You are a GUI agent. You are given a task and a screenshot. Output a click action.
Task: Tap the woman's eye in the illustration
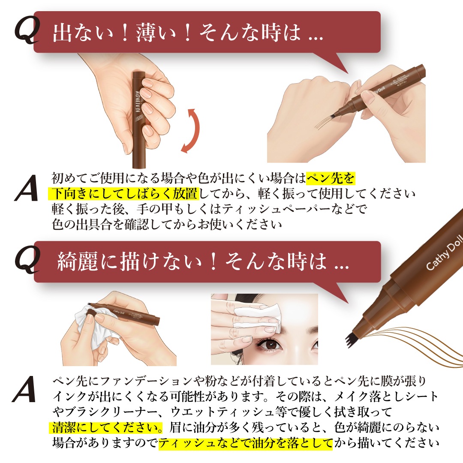(x=270, y=344)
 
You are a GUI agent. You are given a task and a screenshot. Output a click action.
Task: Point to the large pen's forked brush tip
(x=352, y=340)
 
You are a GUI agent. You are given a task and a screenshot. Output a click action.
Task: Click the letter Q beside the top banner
(x=27, y=30)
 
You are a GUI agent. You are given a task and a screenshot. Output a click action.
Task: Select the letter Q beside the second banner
(x=27, y=259)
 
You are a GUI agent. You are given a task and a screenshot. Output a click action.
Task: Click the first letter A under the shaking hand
(x=27, y=188)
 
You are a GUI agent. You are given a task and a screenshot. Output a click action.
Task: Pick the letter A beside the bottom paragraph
(x=24, y=389)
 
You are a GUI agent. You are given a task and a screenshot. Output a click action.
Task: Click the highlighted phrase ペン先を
(x=331, y=178)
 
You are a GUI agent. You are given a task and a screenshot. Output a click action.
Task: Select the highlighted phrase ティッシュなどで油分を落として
(x=246, y=443)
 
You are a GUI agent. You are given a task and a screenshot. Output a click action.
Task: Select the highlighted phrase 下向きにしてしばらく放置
(x=123, y=194)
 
